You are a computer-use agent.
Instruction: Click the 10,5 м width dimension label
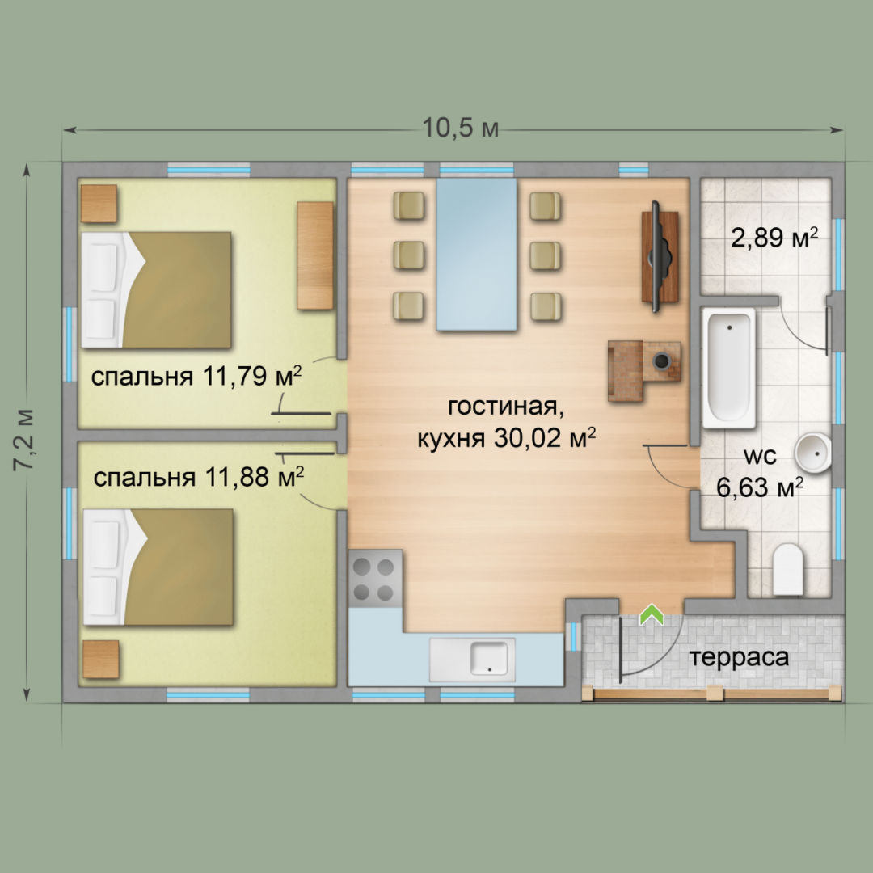coord(461,129)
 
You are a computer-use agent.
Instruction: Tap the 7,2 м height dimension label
coord(25,439)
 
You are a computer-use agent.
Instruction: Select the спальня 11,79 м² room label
coord(196,377)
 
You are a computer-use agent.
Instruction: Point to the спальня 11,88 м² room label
coord(199,477)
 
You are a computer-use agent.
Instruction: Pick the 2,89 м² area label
coord(774,238)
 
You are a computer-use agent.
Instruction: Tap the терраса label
coord(739,657)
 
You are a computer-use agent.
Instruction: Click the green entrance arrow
coord(652,614)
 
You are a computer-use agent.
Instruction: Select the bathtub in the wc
coord(729,368)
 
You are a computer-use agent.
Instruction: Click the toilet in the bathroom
coord(788,569)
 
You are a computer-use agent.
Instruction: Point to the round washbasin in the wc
coord(813,453)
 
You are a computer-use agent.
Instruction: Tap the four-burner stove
coord(375,579)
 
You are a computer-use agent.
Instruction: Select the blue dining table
coord(477,254)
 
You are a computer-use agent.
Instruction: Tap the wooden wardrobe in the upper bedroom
coord(315,255)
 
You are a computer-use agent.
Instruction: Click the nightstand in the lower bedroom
coord(101,660)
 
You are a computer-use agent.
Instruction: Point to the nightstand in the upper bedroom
coord(99,203)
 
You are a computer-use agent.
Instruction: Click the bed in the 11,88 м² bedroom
coord(158,567)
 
